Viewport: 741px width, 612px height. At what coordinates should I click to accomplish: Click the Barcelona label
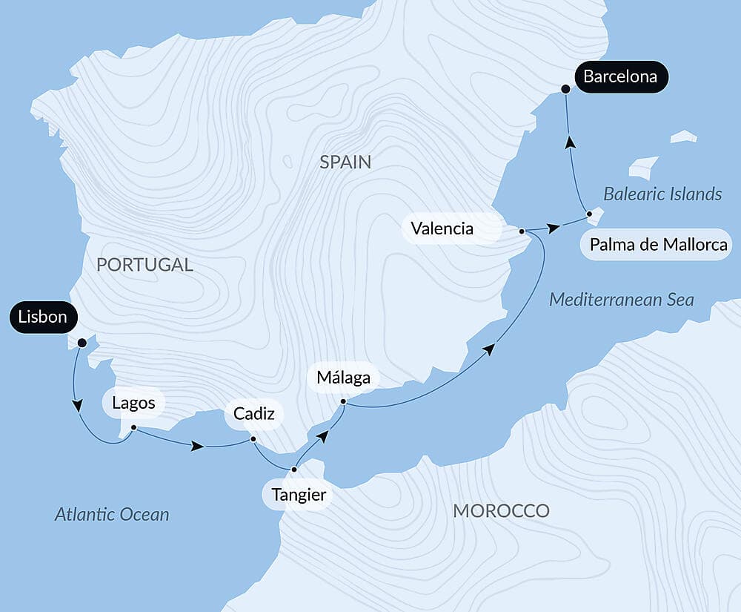tap(621, 76)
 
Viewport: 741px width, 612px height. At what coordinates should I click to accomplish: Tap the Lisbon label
tap(43, 317)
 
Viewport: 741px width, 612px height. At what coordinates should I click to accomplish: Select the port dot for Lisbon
tap(82, 343)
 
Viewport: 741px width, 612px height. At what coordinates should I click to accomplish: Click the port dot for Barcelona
tap(565, 89)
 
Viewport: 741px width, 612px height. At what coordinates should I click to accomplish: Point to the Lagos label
tap(133, 403)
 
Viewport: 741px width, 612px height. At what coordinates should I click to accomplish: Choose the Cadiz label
tap(253, 414)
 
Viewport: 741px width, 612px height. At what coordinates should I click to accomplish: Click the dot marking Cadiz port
tap(253, 439)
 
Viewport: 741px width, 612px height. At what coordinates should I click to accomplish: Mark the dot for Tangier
tap(294, 470)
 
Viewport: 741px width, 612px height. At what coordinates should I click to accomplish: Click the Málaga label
tap(343, 378)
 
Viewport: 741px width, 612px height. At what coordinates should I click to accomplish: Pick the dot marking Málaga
tap(343, 402)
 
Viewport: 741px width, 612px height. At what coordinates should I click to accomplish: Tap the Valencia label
tap(442, 228)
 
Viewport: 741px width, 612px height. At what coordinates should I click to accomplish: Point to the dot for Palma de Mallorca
tap(589, 214)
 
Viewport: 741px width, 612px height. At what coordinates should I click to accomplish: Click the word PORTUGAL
tap(144, 264)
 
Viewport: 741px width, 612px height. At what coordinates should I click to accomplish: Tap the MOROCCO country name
tap(501, 510)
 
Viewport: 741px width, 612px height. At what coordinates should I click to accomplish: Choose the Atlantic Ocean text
tap(112, 514)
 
